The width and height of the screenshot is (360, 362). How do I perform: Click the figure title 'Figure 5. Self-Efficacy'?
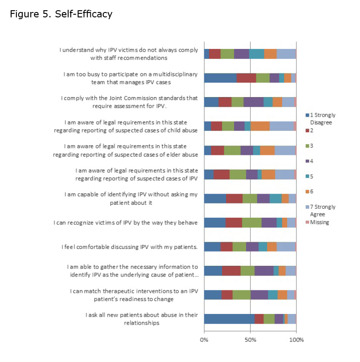61,14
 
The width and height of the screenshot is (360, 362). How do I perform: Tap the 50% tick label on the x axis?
250,340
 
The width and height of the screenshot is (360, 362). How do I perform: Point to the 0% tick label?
204,340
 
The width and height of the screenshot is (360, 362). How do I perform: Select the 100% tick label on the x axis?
296,340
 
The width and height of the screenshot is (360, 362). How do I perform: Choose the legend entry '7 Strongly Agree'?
323,210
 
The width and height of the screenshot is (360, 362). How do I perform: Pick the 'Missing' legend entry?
320,222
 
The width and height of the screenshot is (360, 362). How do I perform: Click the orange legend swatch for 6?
307,191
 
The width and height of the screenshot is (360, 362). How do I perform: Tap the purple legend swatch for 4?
307,161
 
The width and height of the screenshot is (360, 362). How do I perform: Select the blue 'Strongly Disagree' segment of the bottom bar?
229,319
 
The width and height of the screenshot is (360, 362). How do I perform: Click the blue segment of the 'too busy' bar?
220,78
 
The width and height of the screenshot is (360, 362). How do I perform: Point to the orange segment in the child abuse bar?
260,126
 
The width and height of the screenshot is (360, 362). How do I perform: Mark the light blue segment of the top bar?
286,54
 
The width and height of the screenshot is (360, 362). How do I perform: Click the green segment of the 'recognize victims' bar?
251,223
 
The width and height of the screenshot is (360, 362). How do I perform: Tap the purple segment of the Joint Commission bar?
253,102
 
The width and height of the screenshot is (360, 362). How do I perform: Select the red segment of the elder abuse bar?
217,150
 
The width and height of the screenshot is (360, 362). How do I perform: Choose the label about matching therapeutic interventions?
134,295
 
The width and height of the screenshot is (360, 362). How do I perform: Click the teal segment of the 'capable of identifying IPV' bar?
275,199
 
